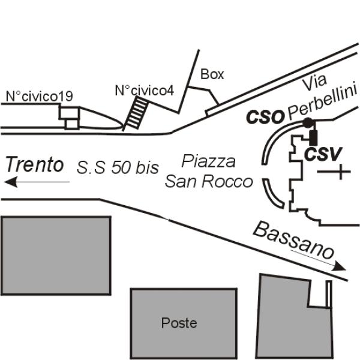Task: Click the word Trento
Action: tap(35, 164)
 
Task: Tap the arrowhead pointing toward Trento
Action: tap(11, 182)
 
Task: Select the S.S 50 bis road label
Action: tap(118, 167)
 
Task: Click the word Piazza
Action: tap(208, 161)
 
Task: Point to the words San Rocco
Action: tap(209, 181)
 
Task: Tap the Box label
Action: tap(212, 74)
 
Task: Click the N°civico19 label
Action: tap(39, 96)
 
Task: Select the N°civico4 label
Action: tap(145, 91)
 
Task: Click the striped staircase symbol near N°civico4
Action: tap(137, 113)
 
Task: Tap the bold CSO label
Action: tap(265, 117)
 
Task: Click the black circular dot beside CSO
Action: tap(308, 123)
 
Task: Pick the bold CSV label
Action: tap(323, 154)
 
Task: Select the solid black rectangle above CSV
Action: tap(313, 138)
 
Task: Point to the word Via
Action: tap(314, 82)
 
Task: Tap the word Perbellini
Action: tap(323, 101)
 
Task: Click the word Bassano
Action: tap(293, 240)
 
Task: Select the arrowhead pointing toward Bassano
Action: tap(340, 266)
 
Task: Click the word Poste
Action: tap(179, 323)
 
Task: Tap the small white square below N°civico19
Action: tap(72, 124)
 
